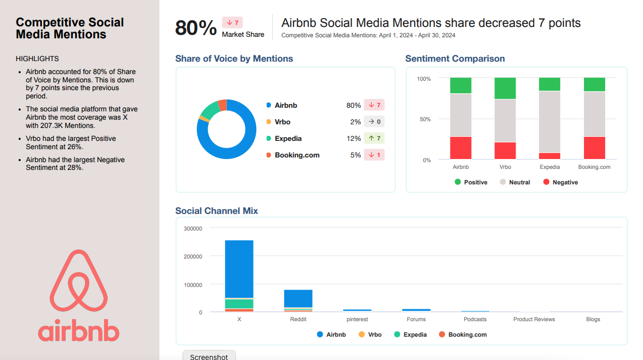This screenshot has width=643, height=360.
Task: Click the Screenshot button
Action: click(x=209, y=355)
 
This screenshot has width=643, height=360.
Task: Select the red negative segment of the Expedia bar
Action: click(x=549, y=156)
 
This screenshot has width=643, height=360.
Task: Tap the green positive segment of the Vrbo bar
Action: click(x=505, y=88)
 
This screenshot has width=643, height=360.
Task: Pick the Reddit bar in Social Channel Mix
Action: click(x=298, y=300)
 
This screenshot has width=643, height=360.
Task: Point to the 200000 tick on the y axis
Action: click(x=193, y=256)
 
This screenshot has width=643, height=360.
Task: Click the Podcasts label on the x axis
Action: click(x=475, y=319)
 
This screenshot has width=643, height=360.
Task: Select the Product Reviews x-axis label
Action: click(x=534, y=319)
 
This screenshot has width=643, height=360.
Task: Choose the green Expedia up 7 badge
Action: click(x=374, y=138)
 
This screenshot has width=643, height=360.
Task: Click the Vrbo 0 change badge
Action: click(x=374, y=122)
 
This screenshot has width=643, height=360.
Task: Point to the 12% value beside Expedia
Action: click(x=354, y=138)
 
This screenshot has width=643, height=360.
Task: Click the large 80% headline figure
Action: click(x=196, y=28)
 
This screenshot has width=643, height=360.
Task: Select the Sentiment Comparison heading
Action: click(x=455, y=59)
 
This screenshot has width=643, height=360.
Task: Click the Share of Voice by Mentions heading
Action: click(x=234, y=59)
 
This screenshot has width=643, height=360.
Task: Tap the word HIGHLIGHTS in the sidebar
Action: click(x=37, y=59)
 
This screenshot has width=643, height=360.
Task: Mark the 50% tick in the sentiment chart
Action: click(x=424, y=119)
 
